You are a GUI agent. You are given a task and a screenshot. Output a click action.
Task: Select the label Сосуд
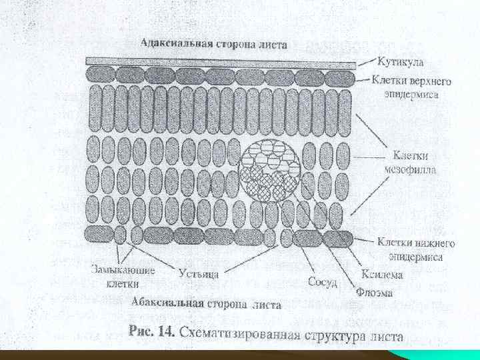pyautogui.click(x=323, y=282)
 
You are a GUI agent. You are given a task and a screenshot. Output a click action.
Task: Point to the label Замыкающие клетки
pyautogui.click(x=123, y=276)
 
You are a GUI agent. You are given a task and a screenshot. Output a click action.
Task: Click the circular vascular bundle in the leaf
pyautogui.click(x=270, y=170)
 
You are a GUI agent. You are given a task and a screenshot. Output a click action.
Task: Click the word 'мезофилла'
pyautogui.click(x=411, y=170)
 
